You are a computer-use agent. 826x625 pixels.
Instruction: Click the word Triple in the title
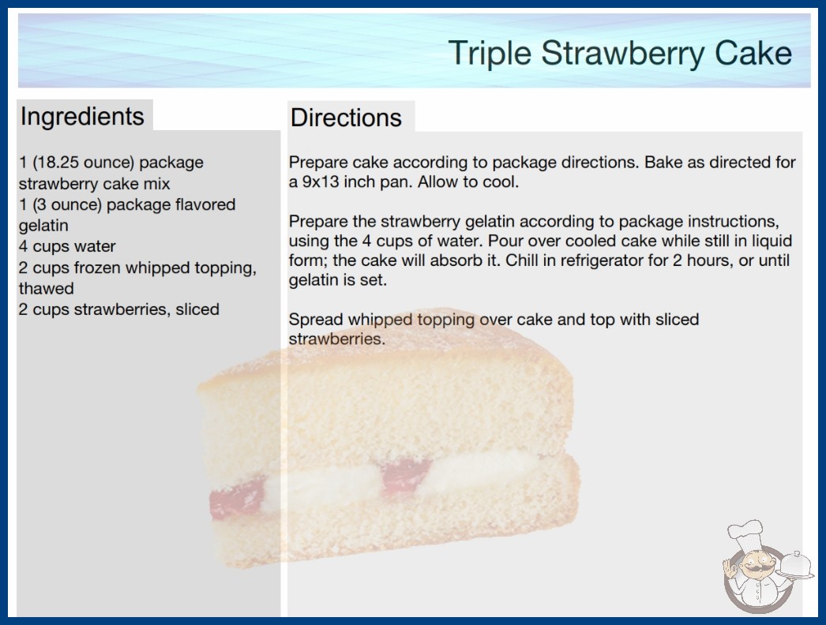pos(490,54)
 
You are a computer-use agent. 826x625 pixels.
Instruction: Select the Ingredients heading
pos(82,117)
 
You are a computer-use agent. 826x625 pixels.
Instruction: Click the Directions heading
pos(346,118)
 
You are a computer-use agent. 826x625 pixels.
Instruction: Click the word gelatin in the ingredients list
pos(43,226)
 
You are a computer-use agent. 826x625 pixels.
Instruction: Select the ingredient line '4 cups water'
pos(67,246)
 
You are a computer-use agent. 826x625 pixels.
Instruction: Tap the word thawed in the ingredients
pos(47,289)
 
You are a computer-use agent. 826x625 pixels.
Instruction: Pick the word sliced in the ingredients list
pos(197,309)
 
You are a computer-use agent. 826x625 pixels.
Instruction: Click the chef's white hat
pos(745,533)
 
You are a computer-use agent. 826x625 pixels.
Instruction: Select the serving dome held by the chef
pos(796,566)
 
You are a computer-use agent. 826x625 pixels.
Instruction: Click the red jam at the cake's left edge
pos(237,497)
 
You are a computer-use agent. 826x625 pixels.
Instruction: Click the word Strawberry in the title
pos(623,54)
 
